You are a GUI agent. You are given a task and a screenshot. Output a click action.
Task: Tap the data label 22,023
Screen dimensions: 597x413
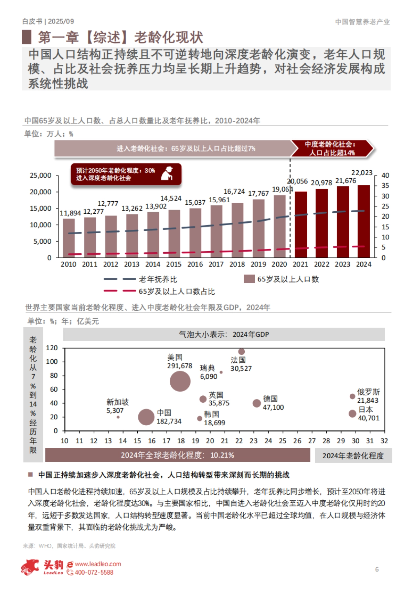(362, 173)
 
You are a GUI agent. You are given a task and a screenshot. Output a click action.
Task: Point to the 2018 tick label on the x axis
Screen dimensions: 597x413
(237, 264)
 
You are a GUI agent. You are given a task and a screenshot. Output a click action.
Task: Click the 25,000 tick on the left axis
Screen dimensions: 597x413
(41, 175)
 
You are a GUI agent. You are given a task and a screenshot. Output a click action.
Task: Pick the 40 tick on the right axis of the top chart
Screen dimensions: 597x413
(385, 175)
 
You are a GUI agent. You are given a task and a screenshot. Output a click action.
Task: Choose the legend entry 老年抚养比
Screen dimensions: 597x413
(158, 279)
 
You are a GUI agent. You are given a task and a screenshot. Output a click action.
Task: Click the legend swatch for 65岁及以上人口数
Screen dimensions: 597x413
(249, 279)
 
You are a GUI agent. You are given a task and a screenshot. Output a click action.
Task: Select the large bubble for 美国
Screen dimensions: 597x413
(180, 381)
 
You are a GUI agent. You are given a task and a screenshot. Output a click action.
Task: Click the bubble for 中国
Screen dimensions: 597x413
(146, 417)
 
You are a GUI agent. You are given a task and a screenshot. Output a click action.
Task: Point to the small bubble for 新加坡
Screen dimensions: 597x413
(118, 417)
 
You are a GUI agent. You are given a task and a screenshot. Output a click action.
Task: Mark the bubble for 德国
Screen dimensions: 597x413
(257, 403)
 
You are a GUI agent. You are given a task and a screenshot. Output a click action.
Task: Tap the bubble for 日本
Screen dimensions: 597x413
(352, 414)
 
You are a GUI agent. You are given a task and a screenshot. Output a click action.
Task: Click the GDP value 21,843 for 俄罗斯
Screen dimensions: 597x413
(368, 401)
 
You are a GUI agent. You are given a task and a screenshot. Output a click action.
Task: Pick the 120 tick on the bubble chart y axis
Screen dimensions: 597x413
(52, 348)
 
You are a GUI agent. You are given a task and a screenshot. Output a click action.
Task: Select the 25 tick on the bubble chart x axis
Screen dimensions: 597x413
(283, 441)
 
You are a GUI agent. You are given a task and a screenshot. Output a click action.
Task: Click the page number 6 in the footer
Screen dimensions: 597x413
(377, 569)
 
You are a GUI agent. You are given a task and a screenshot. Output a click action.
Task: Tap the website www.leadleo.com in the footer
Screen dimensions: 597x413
(98, 564)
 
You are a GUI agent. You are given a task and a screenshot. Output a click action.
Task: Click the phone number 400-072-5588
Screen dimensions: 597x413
(94, 572)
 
